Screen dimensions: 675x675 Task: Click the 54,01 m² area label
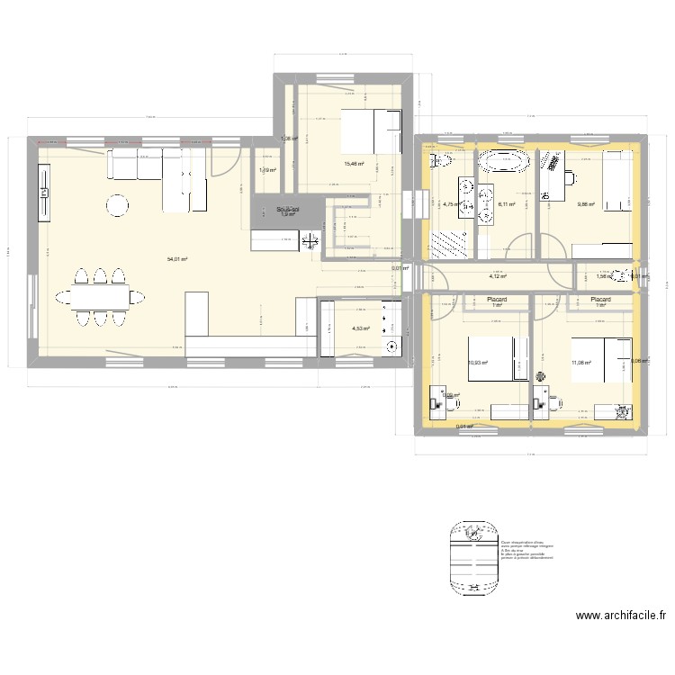coord(176,259)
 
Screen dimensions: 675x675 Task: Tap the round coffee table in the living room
coord(118,206)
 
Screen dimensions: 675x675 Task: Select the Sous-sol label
coord(288,209)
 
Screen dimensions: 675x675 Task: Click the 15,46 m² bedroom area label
coord(355,164)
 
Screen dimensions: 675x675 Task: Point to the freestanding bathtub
coord(502,162)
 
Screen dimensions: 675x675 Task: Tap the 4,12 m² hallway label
coord(497,277)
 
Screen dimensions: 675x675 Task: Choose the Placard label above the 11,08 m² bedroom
coord(600,300)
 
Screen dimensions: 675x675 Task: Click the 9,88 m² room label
coord(585,203)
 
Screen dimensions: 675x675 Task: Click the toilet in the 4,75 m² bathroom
coord(440,161)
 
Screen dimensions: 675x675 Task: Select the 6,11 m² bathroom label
coord(506,204)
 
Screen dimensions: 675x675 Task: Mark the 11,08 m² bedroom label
coord(580,363)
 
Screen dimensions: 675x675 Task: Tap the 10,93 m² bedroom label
coord(477,364)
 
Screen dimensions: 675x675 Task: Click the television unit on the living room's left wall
coord(43,191)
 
